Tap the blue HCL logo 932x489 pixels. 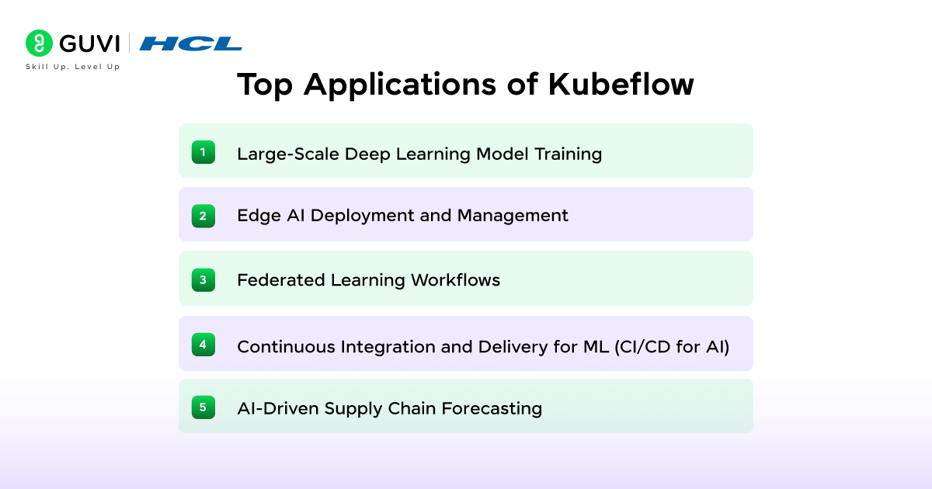(x=190, y=43)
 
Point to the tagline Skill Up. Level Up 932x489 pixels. (x=72, y=67)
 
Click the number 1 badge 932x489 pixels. (x=203, y=152)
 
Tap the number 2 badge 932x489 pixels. (x=203, y=215)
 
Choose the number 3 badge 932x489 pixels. (x=203, y=279)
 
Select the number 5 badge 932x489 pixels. (x=203, y=406)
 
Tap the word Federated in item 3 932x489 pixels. (x=280, y=279)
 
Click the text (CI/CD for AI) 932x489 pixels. (x=672, y=347)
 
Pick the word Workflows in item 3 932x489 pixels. (x=456, y=279)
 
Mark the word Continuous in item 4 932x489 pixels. (x=287, y=347)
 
